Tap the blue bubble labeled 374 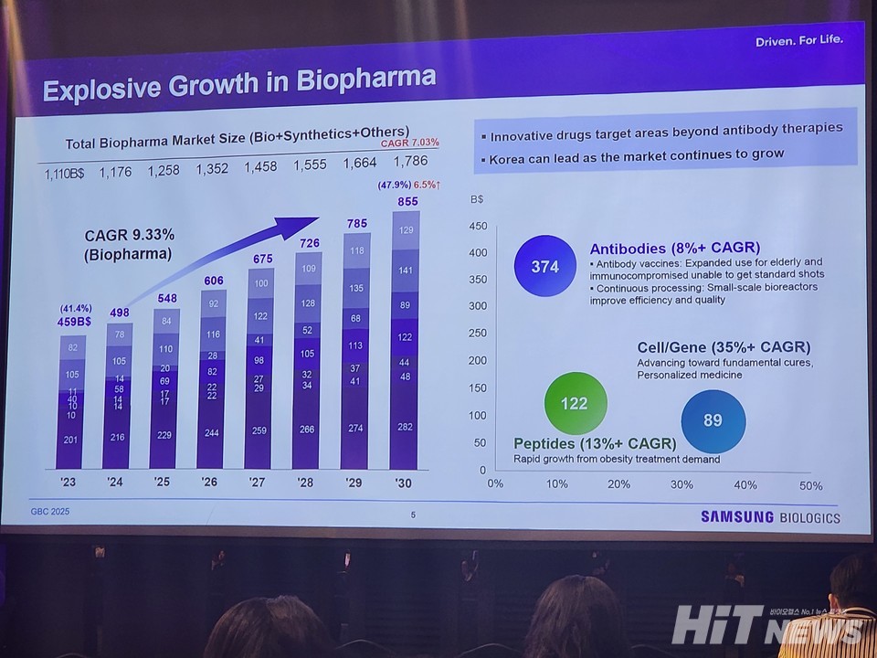[x=544, y=266]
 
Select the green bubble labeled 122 [x=575, y=402]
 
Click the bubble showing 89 [x=713, y=420]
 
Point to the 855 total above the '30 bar [x=407, y=201]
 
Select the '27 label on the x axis [x=258, y=482]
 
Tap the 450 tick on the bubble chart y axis [x=477, y=227]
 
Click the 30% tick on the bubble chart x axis [x=682, y=485]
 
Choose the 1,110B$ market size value [x=64, y=173]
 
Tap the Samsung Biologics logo [x=770, y=517]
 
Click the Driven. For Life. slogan [x=798, y=40]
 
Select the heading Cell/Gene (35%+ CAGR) [x=723, y=347]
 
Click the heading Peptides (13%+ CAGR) [x=595, y=443]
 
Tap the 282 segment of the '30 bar [x=404, y=426]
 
